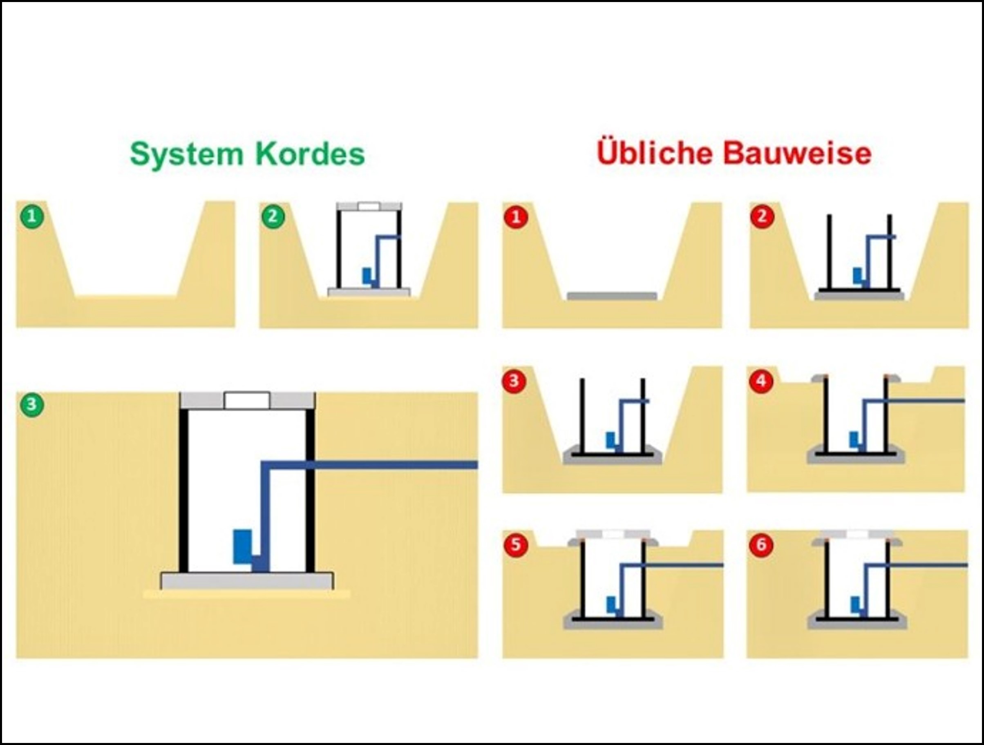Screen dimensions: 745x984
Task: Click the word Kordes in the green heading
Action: click(310, 154)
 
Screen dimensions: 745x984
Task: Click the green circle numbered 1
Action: click(32, 217)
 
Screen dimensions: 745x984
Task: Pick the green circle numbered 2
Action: click(272, 217)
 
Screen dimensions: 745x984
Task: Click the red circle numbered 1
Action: click(516, 217)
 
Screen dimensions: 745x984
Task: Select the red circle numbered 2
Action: click(762, 217)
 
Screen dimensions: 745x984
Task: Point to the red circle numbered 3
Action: click(514, 381)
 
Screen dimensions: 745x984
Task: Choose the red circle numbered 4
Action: click(761, 381)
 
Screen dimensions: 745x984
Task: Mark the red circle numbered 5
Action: click(516, 545)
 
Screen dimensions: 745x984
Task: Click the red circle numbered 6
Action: click(761, 545)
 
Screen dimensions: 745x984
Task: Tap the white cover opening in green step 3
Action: click(247, 401)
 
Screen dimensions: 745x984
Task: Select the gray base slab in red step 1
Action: click(612, 296)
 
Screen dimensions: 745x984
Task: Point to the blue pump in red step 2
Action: click(857, 276)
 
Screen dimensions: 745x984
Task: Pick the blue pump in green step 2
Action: click(367, 276)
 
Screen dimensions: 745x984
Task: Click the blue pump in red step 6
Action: click(854, 604)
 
